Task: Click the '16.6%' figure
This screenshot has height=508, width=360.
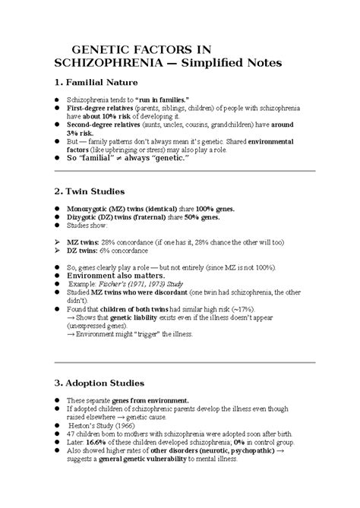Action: click(95, 440)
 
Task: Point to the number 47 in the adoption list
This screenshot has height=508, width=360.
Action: click(71, 433)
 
